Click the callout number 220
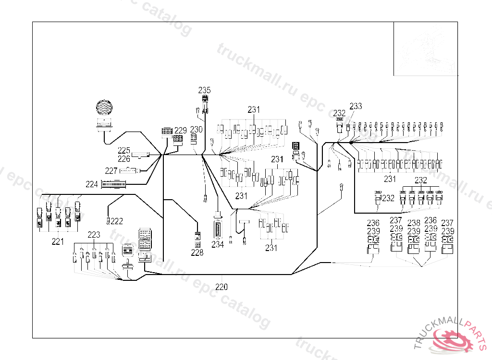coord(221,287)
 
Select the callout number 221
coord(58,242)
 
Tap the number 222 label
coord(117,221)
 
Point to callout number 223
coord(94,235)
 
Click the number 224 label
coord(92,183)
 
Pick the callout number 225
coord(124,150)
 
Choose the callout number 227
coord(111,170)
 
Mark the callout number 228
coord(197,252)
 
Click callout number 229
coord(180,130)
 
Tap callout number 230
coord(197,129)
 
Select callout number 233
coord(356,106)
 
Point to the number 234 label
coord(218,244)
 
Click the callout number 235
coord(205,90)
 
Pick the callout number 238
coord(414,223)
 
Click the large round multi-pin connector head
coord(104,108)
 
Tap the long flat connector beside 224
coord(113,183)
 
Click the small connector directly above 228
coord(197,236)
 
